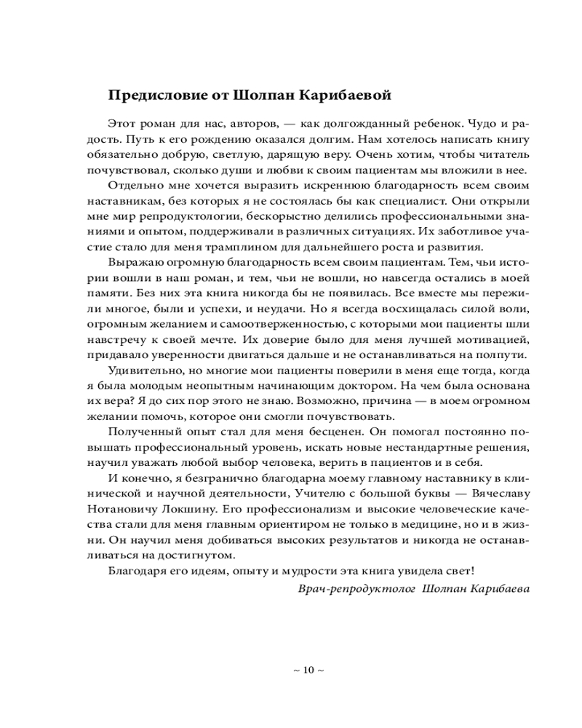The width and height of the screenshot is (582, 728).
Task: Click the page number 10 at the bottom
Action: click(307, 670)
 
